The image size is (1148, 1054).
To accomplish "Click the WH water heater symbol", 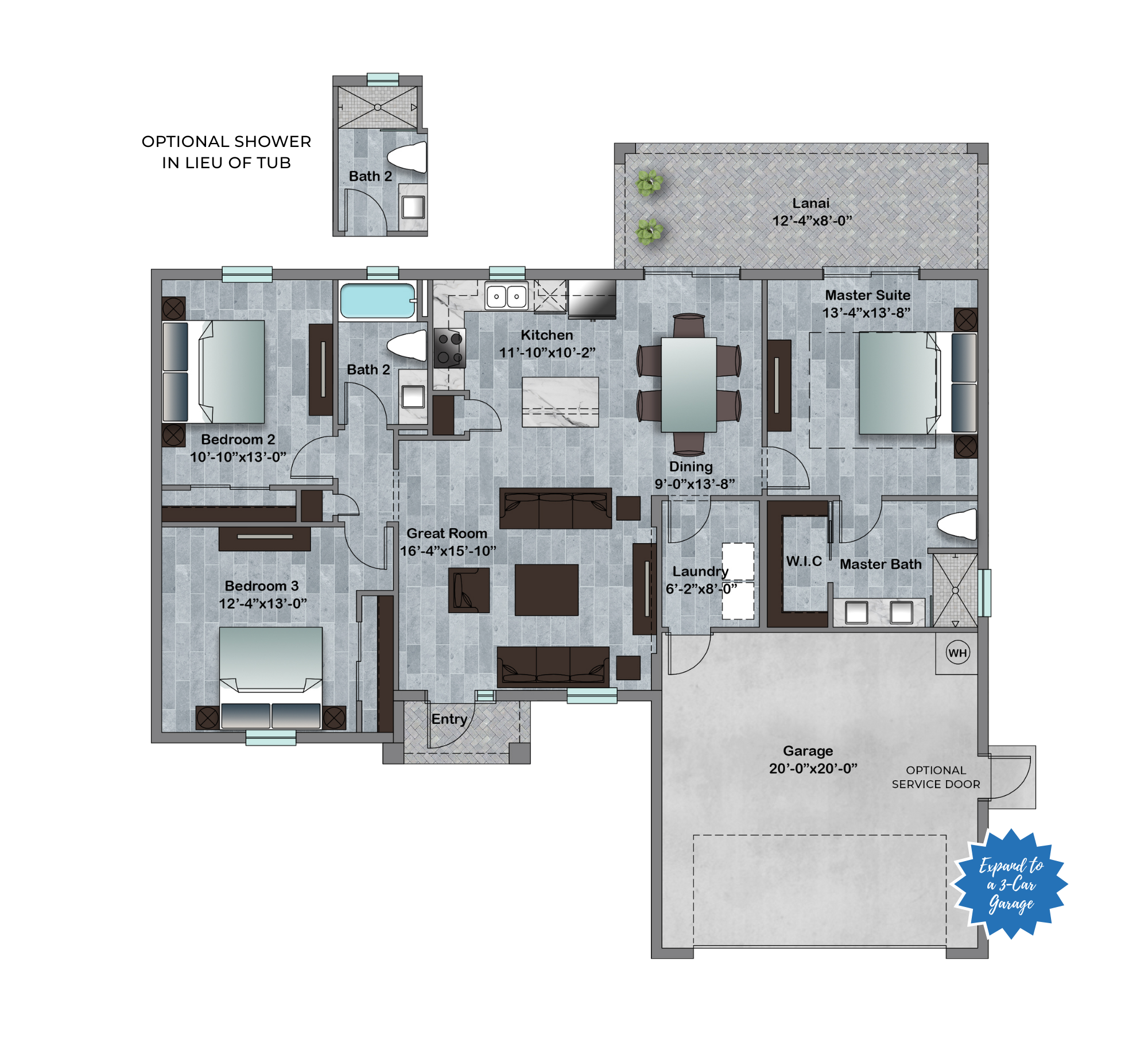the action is [x=957, y=652].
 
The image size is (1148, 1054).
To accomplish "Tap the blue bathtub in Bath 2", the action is [x=378, y=300].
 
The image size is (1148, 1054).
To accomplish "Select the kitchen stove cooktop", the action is [x=449, y=348].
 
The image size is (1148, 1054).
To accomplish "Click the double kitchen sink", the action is [x=506, y=296].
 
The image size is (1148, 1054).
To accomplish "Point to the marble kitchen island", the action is [x=560, y=402].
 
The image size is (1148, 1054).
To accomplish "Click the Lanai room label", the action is [x=810, y=203].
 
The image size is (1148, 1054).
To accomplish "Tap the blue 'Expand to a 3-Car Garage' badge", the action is [x=1010, y=884].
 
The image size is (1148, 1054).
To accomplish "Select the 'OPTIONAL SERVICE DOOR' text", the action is [x=936, y=777].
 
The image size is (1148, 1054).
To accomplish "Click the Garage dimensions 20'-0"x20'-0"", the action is [x=813, y=768].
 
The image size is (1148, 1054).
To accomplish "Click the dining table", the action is [x=689, y=385].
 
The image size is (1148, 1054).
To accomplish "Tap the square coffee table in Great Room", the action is [x=546, y=590].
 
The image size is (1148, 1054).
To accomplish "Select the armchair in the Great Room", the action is [x=469, y=590].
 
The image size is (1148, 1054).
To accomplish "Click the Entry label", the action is [x=449, y=719].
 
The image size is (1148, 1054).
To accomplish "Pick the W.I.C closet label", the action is [x=804, y=561].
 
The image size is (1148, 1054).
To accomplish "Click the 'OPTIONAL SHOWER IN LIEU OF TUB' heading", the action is [x=226, y=152].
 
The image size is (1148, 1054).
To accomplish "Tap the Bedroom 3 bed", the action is [x=270, y=678].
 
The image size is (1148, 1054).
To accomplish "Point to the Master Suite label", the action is [x=867, y=295].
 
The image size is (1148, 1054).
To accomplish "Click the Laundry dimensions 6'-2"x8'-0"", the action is [x=701, y=589].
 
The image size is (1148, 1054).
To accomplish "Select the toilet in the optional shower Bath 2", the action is [x=408, y=157].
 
